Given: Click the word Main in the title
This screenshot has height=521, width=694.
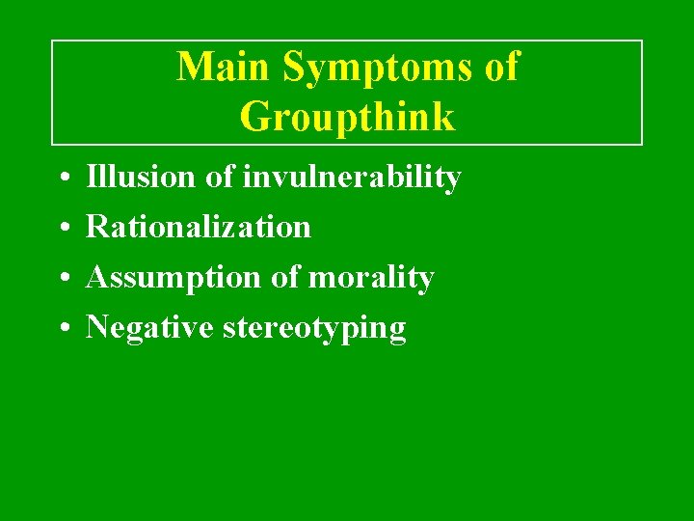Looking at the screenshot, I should click(215, 67).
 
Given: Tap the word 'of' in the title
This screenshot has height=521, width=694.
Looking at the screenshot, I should click(500, 67).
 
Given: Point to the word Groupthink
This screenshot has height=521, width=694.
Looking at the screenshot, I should click(347, 117).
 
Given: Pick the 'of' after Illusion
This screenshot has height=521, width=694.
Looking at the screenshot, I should click(219, 177).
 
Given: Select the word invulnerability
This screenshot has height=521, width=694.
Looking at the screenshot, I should click(352, 178).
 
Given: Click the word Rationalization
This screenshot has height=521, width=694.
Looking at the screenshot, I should click(199, 227).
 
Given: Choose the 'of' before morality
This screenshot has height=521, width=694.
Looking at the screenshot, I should click(284, 277).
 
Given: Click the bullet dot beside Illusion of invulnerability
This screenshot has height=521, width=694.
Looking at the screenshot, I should click(61, 178).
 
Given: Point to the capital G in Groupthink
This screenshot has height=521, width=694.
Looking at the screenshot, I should click(254, 117).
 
